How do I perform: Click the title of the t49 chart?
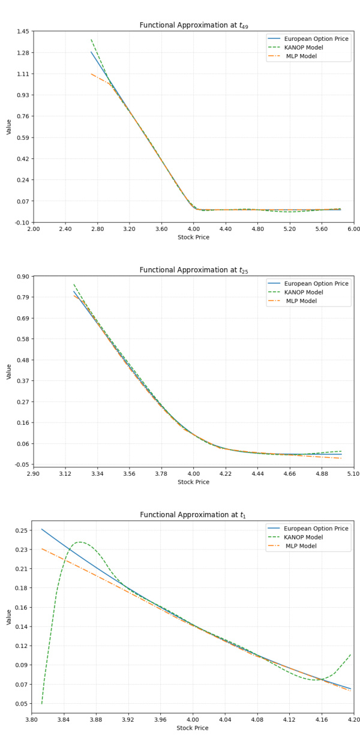click(x=193, y=25)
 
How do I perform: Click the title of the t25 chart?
click(x=193, y=270)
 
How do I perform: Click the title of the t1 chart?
click(x=193, y=515)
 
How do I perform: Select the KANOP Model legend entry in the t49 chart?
click(x=317, y=47)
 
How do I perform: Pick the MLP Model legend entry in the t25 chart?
click(x=317, y=301)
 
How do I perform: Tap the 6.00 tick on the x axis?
click(x=353, y=229)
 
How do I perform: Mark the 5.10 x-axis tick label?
click(x=353, y=473)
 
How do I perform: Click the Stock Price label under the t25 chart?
click(x=193, y=482)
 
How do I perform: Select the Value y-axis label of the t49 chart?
click(x=8, y=127)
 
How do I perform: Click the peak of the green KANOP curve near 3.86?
click(x=80, y=542)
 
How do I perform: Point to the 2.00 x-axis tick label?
click(x=33, y=229)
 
